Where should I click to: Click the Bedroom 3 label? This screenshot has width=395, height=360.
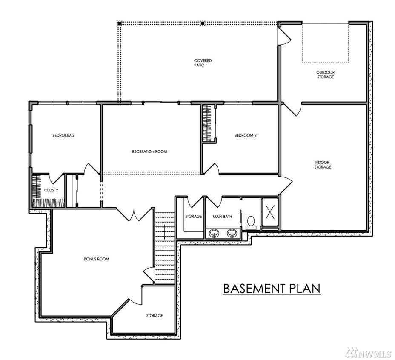(63, 135)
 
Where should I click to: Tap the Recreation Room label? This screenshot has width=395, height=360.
(150, 151)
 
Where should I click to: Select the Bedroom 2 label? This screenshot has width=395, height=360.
(246, 135)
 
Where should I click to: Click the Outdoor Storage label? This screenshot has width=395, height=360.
(326, 74)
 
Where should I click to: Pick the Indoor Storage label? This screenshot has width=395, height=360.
(323, 165)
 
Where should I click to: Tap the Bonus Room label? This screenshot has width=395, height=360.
(97, 259)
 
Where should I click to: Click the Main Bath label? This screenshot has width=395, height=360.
(223, 217)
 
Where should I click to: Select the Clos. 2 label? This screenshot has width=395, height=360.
(51, 190)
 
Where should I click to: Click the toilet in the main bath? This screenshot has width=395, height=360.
(251, 223)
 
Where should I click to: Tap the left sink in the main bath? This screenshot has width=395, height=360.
(214, 233)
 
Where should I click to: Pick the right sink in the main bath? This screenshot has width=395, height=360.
(232, 233)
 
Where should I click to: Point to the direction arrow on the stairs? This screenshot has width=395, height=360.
(164, 232)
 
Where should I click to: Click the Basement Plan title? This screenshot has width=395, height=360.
(272, 288)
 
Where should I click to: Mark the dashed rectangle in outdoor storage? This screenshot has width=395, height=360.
(326, 43)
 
